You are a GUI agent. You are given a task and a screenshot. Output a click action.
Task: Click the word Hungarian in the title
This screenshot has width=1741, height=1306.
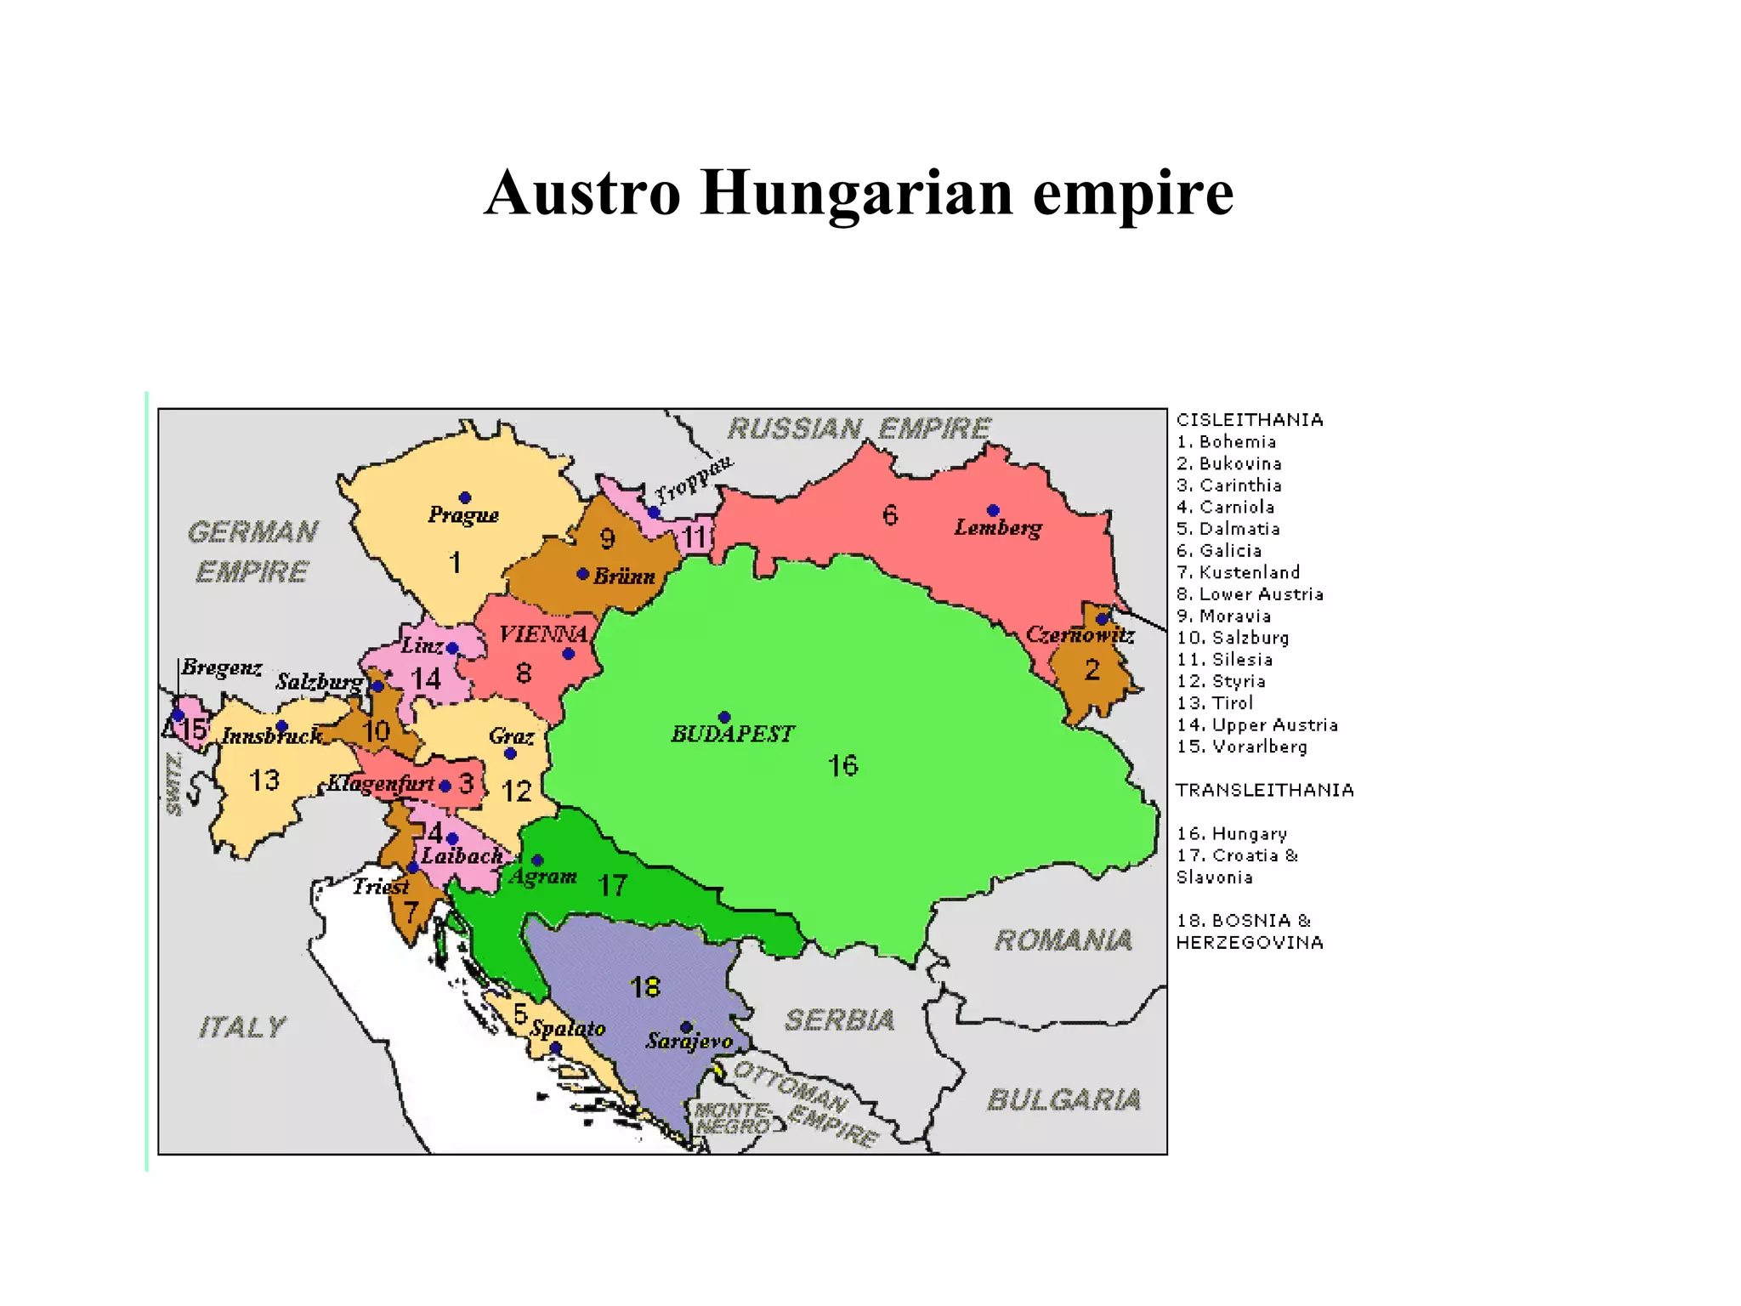tap(857, 194)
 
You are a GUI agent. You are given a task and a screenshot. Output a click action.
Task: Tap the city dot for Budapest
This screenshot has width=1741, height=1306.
tap(724, 717)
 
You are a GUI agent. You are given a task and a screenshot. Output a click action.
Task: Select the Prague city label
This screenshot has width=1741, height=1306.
tap(462, 514)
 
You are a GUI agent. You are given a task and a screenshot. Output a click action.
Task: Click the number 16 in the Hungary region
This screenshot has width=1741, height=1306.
tap(842, 766)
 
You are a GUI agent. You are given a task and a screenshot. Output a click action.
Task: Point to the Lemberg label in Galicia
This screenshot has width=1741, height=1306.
tap(997, 528)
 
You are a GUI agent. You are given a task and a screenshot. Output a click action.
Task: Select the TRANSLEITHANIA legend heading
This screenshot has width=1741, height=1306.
tap(1264, 790)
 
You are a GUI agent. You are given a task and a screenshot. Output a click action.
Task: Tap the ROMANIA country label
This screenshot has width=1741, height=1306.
tap(1063, 940)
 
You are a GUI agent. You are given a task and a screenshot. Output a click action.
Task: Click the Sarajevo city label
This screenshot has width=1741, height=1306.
tap(689, 1042)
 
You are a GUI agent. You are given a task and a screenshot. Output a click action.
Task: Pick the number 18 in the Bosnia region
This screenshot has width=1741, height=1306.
tap(645, 987)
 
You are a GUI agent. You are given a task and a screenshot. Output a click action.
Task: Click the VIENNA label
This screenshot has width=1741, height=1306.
tap(543, 634)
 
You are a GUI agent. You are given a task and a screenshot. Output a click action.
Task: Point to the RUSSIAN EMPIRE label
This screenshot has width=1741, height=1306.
tap(859, 429)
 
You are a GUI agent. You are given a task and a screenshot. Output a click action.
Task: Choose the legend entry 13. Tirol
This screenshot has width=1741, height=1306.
tap(1215, 703)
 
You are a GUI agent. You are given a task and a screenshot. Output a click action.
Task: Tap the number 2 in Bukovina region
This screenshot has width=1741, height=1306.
tap(1092, 671)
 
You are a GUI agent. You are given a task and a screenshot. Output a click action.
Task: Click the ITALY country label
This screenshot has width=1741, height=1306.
tap(242, 1027)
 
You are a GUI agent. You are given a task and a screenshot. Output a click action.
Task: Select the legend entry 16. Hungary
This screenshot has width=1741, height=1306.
tap(1232, 834)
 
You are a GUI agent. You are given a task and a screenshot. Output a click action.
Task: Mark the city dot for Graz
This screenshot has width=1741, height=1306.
tap(510, 753)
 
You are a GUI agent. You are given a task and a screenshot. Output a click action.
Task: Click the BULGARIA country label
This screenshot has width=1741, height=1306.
tap(1063, 1100)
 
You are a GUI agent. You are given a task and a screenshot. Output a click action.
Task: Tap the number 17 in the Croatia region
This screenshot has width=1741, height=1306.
tap(612, 886)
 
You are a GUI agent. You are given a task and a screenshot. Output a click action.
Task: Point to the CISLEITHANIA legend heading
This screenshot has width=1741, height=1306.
tap(1250, 420)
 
